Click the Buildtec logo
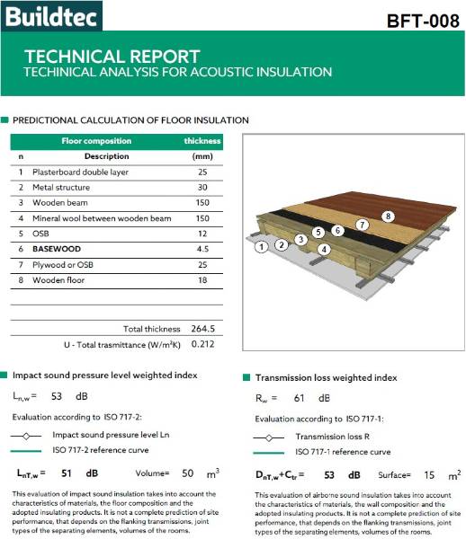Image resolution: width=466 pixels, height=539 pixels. tap(51, 15)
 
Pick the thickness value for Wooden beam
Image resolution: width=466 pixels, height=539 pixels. tap(202, 203)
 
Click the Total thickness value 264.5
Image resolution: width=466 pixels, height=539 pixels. tap(202, 329)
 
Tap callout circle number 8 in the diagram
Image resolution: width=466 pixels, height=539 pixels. tap(388, 216)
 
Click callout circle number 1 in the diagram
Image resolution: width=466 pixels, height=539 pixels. tap(261, 245)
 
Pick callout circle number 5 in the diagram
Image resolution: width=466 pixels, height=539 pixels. tap(318, 232)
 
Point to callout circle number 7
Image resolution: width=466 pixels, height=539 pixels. tap(362, 224)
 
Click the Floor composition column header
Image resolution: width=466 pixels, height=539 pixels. tap(95, 141)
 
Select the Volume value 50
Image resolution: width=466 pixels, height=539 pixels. tap(188, 473)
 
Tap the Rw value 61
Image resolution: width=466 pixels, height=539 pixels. tap(299, 397)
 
